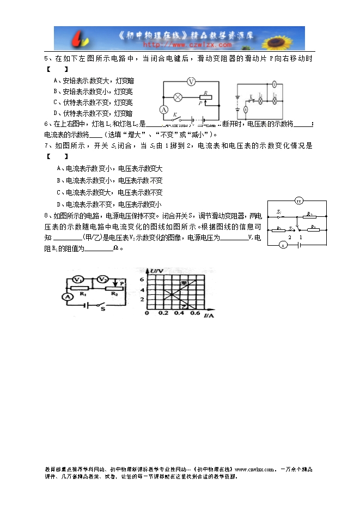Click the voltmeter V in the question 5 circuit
point(191,81)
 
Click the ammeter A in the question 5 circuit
point(162,110)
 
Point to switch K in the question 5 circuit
point(176,116)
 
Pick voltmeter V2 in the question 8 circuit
point(101,280)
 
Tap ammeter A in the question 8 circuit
point(66,296)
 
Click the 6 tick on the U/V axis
point(143,280)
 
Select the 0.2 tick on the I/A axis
point(163,314)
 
